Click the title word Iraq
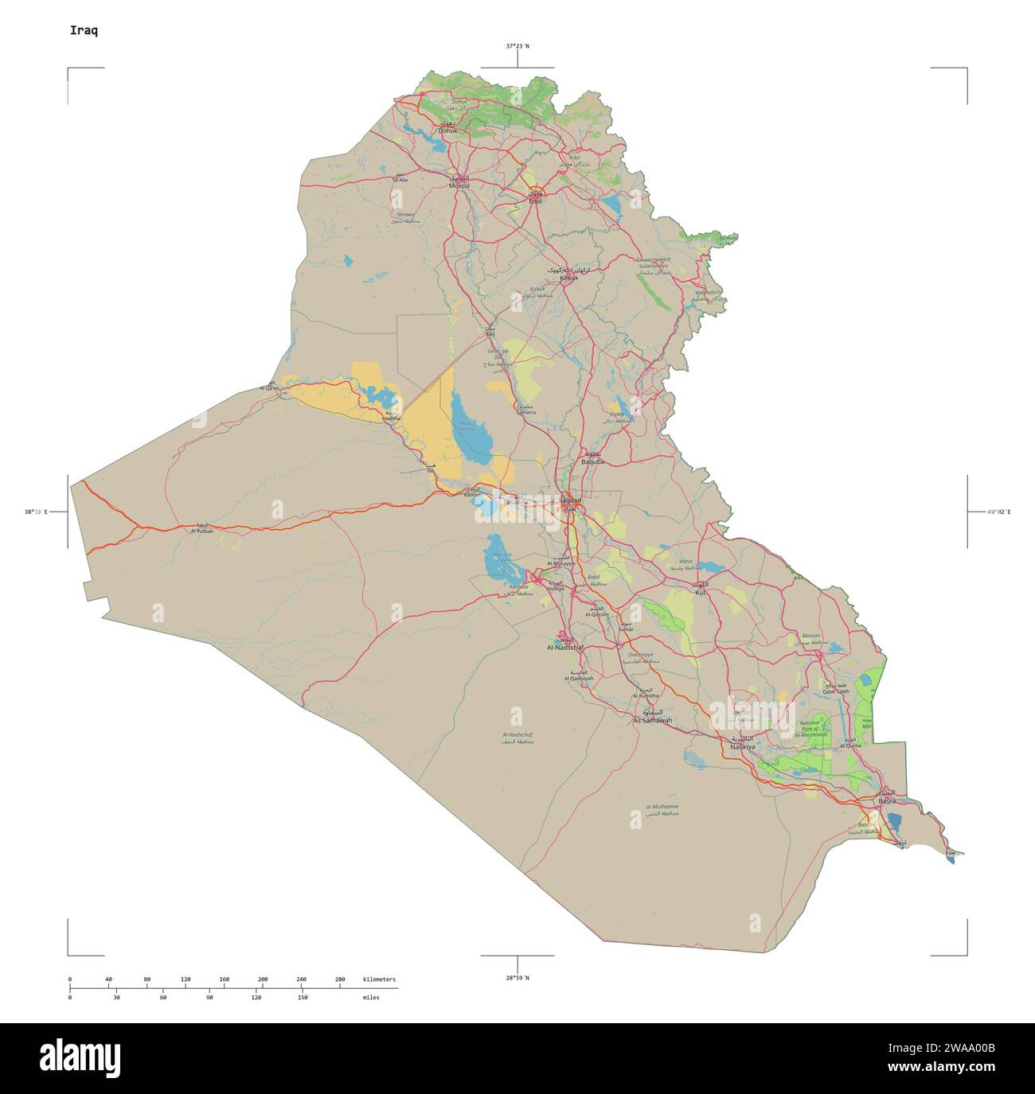tap(84, 30)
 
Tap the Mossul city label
tap(459, 185)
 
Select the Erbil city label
tap(535, 201)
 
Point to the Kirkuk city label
tap(568, 278)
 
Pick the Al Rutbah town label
tap(201, 531)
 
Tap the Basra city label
tap(887, 800)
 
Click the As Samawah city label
tap(652, 720)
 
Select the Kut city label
tap(701, 593)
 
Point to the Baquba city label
tap(593, 461)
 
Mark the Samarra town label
tap(525, 412)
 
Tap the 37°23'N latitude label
tap(517, 46)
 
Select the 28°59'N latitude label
tap(517, 977)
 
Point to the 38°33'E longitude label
tap(36, 512)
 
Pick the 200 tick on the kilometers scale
tap(263, 979)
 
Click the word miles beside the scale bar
tap(371, 997)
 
